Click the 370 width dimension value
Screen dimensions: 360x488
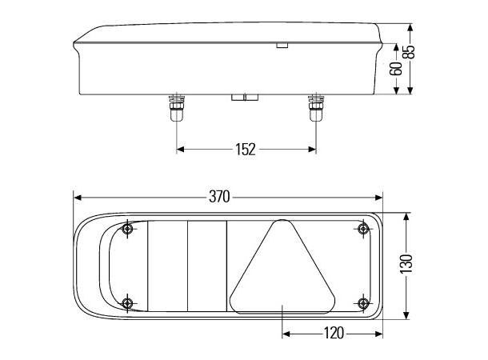click(x=219, y=197)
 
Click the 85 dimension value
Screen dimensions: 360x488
click(x=409, y=52)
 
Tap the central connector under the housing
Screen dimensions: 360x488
click(x=245, y=98)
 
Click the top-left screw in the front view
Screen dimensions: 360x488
click(x=128, y=230)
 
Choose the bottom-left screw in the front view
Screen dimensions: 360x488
click(x=128, y=302)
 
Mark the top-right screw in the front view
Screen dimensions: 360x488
click(x=363, y=230)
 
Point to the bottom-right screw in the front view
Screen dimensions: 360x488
click(x=363, y=302)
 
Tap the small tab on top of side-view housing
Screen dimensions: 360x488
click(x=281, y=46)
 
